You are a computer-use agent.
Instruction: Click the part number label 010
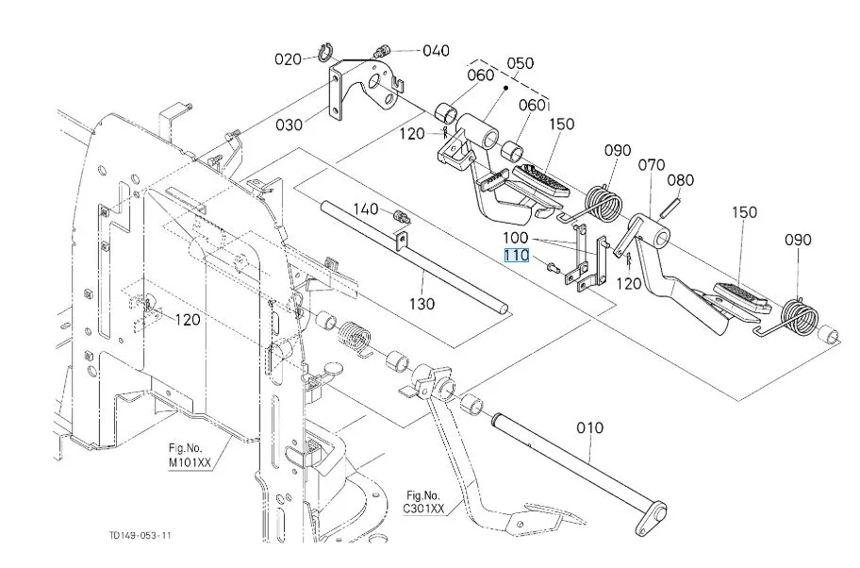tap(589, 427)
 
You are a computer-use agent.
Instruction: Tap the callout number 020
tap(288, 58)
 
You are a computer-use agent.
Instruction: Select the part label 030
tap(289, 124)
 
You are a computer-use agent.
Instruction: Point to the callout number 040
tap(436, 50)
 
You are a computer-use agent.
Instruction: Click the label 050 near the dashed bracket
tap(520, 63)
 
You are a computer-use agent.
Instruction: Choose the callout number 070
tap(652, 165)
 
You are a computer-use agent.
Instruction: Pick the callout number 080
tap(681, 179)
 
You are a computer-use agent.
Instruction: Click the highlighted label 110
tap(516, 256)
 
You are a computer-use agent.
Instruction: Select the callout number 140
tap(367, 208)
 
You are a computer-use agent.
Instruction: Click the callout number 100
tap(516, 239)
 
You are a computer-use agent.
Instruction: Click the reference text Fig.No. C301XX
tap(424, 501)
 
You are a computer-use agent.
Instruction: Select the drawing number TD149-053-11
tap(141, 536)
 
